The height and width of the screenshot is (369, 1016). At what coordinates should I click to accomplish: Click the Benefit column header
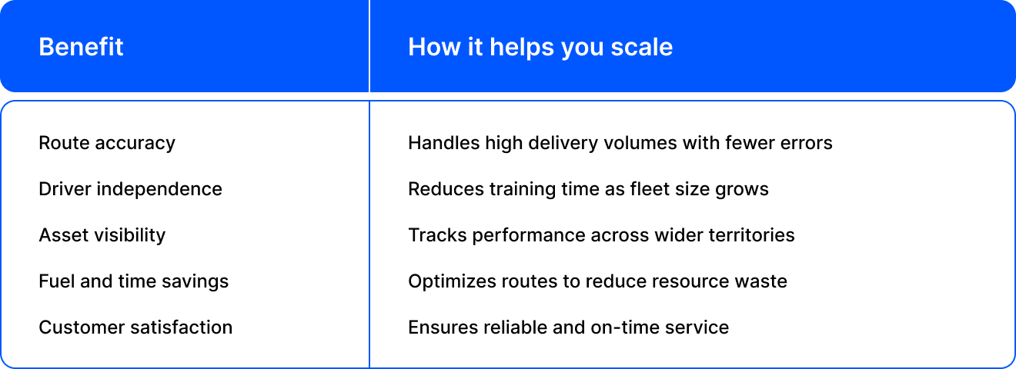81,47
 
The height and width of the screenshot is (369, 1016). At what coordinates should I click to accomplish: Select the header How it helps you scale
540,48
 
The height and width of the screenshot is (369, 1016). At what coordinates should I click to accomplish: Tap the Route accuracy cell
106,144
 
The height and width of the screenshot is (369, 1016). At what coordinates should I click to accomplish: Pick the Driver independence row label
131,189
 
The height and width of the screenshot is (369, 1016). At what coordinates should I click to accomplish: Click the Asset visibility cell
102,235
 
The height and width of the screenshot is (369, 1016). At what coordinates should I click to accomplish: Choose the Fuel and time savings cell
134,281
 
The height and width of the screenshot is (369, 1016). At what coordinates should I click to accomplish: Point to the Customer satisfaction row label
135,327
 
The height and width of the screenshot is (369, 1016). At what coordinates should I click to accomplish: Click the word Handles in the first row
443,143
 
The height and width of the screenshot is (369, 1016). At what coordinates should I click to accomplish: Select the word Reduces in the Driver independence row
446,189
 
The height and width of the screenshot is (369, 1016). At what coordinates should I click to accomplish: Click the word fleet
650,189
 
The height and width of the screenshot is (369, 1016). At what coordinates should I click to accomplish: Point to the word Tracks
437,235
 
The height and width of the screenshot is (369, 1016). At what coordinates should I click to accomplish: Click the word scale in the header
641,47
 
